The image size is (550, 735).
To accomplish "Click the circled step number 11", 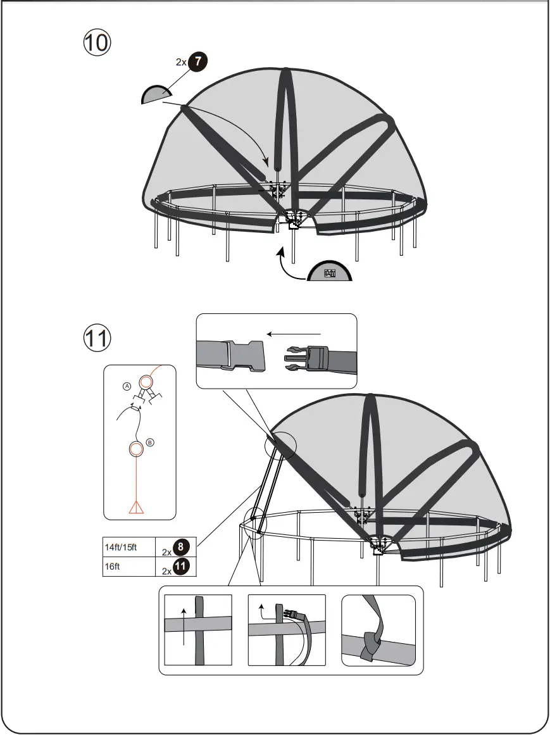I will pyautogui.click(x=97, y=337).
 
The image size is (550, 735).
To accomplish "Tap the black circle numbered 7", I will pyautogui.click(x=197, y=62).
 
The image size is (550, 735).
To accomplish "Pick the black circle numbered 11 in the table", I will pyautogui.click(x=181, y=566).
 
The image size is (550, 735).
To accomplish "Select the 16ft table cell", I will pyautogui.click(x=128, y=566).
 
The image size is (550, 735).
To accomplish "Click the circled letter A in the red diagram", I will pyautogui.click(x=127, y=386).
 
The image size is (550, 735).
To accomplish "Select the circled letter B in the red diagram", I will pyautogui.click(x=150, y=443).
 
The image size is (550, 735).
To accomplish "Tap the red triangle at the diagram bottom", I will pyautogui.click(x=135, y=506).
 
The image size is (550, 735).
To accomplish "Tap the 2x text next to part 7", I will pyautogui.click(x=181, y=63).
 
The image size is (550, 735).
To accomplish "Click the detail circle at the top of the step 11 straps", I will pyautogui.click(x=279, y=445).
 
